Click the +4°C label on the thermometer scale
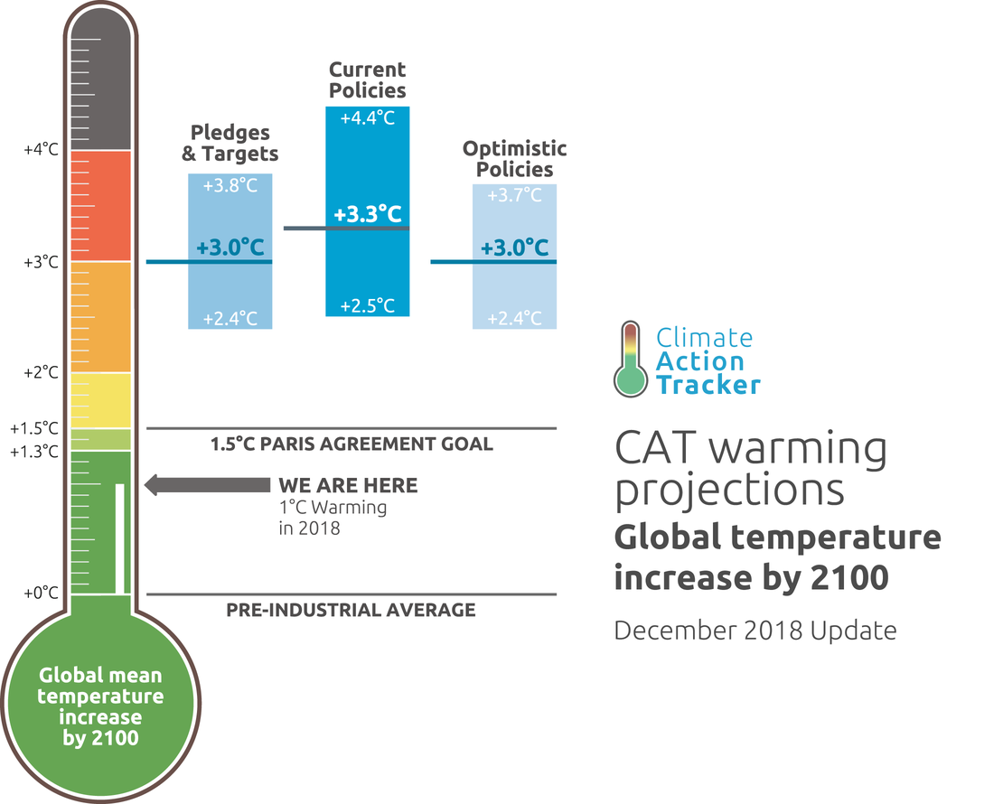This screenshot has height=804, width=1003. [41, 150]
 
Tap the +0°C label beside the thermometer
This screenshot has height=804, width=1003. [41, 594]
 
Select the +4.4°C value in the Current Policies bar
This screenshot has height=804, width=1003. [367, 119]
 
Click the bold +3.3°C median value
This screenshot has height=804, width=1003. [367, 214]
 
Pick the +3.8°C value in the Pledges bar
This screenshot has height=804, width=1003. [230, 186]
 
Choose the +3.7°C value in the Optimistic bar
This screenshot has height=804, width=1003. [514, 195]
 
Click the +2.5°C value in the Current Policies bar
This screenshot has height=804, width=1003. [367, 305]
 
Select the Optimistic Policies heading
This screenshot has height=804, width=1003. [514, 158]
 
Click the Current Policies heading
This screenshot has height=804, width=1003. [367, 79]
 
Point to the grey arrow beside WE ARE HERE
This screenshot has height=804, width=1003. [207, 485]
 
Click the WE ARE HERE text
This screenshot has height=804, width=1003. [348, 486]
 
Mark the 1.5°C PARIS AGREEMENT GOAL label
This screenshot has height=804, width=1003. [352, 444]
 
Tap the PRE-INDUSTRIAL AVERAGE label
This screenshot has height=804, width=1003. [351, 611]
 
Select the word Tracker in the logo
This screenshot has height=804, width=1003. [708, 385]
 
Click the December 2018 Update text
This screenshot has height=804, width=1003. [755, 630]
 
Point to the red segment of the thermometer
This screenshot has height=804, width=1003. [101, 206]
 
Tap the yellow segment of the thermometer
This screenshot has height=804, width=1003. [101, 400]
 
